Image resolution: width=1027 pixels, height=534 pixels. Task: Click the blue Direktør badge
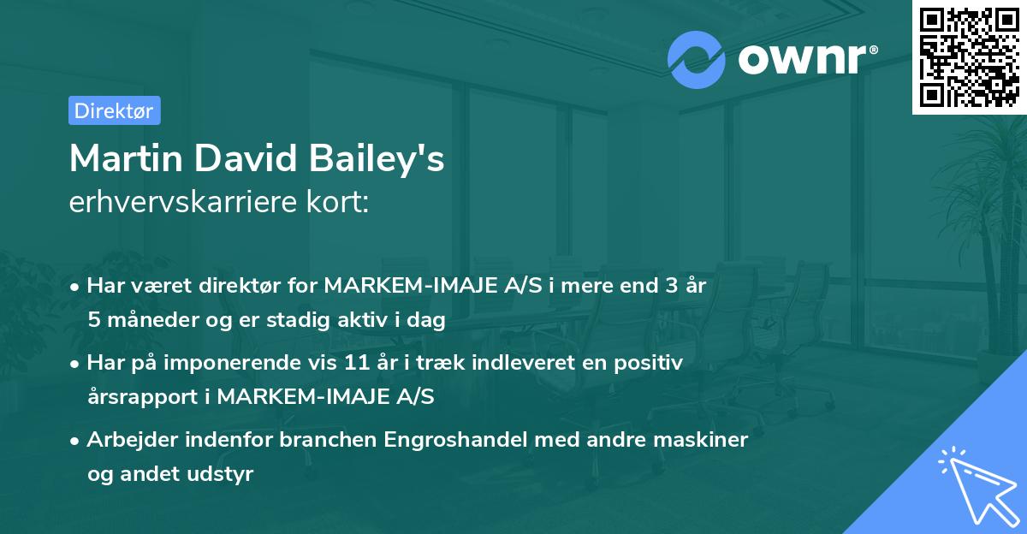(114, 110)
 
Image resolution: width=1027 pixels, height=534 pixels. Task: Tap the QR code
(969, 57)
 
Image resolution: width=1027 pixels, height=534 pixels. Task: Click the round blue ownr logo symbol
(697, 58)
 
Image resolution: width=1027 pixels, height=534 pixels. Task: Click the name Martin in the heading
(127, 159)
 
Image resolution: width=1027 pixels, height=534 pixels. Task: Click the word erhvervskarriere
(181, 203)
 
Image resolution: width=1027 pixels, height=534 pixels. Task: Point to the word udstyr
(225, 474)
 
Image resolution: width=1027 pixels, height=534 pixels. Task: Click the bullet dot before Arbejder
(75, 441)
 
